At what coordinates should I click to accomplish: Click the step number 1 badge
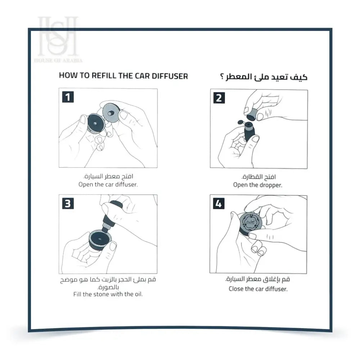68,98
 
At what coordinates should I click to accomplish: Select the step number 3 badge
68,203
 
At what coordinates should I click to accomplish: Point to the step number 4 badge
219,204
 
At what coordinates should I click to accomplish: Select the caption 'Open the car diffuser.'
108,184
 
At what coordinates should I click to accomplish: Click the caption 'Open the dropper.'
257,185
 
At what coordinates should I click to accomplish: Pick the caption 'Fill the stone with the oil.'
108,294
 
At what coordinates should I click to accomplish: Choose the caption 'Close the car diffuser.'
258,289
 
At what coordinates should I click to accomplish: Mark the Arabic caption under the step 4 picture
258,279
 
